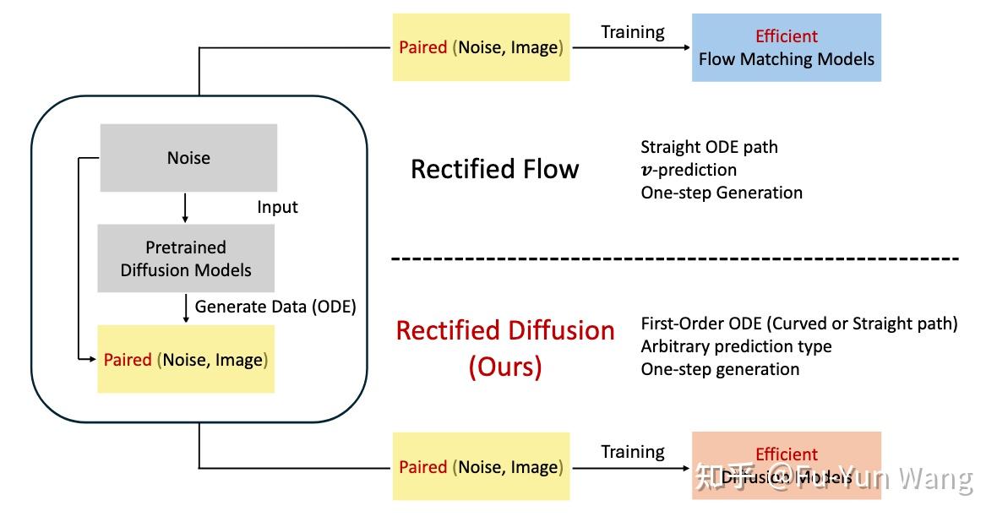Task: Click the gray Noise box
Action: point(188,158)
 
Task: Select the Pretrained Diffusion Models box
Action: point(186,258)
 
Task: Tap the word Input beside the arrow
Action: point(277,207)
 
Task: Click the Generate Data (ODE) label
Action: point(275,307)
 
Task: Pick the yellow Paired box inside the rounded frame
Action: point(185,360)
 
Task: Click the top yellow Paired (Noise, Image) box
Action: point(481,47)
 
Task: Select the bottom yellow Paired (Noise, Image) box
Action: point(481,466)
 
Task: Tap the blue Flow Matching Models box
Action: point(786,47)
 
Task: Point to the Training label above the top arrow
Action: point(632,32)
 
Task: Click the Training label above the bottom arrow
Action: point(632,452)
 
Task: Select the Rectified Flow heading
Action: point(494,169)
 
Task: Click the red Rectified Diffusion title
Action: point(505,330)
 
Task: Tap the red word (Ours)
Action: point(505,367)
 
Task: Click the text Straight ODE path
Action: point(709,147)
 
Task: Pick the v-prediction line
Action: point(688,170)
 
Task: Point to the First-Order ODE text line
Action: point(798,324)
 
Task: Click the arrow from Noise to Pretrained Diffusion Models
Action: point(185,208)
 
